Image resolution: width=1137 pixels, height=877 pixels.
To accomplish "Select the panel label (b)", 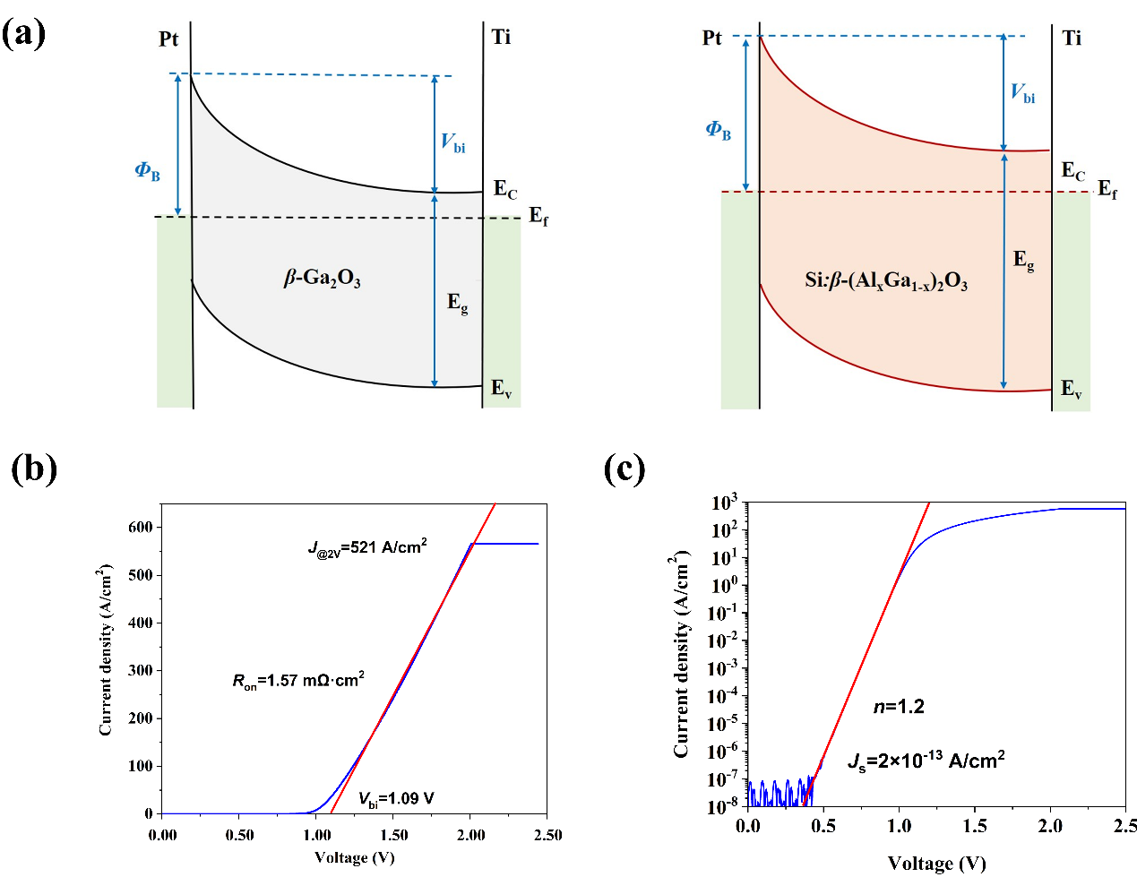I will (34, 468).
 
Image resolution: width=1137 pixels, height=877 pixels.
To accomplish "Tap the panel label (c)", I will (624, 468).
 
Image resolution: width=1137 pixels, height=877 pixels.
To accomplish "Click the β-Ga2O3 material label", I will (322, 279).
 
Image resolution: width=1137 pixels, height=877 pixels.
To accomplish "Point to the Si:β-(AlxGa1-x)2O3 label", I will (885, 281).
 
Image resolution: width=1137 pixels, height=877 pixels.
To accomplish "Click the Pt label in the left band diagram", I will (168, 39).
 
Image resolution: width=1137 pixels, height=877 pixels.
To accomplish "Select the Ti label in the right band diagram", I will (1072, 38).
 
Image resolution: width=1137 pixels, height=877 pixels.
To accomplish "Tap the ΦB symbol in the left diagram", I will (147, 170).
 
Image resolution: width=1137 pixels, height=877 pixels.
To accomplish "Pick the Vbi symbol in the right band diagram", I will (1022, 92).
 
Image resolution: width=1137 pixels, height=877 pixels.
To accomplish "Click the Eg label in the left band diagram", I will (457, 303).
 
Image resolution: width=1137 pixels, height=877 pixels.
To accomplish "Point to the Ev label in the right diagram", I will (1071, 389).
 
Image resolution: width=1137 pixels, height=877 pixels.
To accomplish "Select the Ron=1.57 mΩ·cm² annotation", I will (297, 681).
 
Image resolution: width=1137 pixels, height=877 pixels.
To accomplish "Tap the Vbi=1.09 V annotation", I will (396, 799).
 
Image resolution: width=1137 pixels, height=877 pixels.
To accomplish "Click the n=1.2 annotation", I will (899, 707).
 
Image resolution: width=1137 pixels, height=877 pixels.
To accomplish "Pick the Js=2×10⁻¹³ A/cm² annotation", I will (926, 761).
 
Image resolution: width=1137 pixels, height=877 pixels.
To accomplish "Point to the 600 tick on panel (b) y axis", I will (141, 527).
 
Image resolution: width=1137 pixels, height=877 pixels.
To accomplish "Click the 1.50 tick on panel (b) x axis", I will (393, 835).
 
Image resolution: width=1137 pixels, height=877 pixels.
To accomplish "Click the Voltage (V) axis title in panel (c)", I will (936, 864).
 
